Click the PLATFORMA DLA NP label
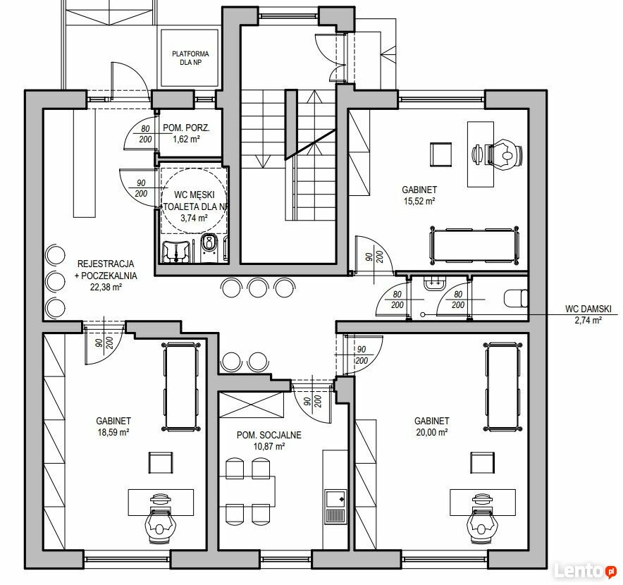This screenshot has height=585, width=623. click(x=190, y=58)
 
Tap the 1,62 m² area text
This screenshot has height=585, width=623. click(x=186, y=139)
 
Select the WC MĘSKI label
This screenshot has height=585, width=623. click(x=195, y=195)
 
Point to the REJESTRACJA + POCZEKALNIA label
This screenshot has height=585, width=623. click(x=106, y=269)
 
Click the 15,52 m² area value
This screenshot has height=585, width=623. click(x=419, y=201)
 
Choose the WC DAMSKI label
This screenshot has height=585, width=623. click(x=588, y=309)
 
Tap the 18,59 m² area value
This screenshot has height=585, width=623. click(x=113, y=432)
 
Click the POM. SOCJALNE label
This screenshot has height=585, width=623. click(x=269, y=435)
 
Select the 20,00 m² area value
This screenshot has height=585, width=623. click(x=432, y=432)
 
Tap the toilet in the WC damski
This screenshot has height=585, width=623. click(x=516, y=298)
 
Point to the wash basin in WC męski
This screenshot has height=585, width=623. click(x=176, y=251)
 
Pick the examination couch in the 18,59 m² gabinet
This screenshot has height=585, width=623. click(x=181, y=386)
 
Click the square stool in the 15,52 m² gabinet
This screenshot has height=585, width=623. click(x=441, y=154)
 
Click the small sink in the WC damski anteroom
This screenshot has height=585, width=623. click(x=435, y=284)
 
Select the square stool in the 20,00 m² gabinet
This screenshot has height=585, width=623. click(x=483, y=462)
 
